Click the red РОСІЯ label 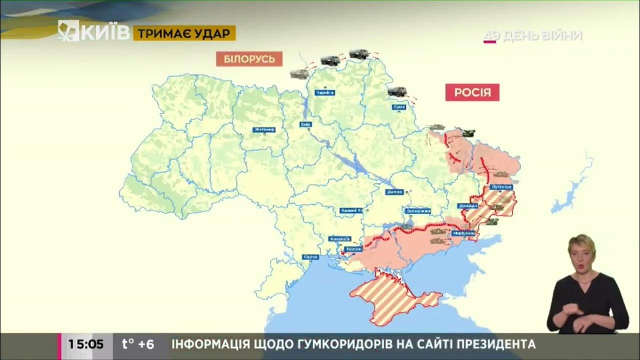pos(472,92)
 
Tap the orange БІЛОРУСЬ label pos(249,59)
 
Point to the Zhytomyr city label pos(264,129)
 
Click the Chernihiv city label pos(324,92)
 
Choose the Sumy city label pos(398,106)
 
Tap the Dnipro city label pos(394,191)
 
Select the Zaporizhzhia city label pos(418,211)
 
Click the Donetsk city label pos(467,205)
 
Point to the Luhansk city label pos(501,186)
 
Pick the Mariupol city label pos(463,233)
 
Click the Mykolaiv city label pos(340,238)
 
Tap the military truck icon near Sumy pos(397,91)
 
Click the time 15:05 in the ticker pos(85,344)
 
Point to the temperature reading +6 pos(138,344)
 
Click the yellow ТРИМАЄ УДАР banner pos(184,33)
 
